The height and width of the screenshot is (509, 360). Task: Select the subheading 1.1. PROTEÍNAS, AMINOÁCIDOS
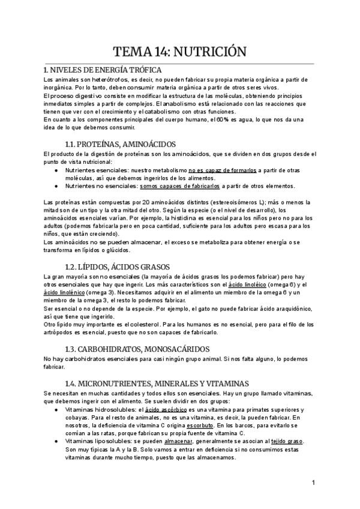[119, 144]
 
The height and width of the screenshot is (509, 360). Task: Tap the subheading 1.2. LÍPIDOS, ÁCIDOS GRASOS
[118, 267]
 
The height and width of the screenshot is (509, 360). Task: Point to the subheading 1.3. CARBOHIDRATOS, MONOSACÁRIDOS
[137, 349]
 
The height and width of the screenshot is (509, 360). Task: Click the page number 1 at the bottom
[314, 483]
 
